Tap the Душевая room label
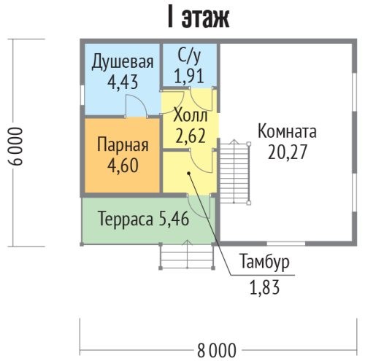pos(123,62)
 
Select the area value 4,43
pos(123,82)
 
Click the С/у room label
pos(189,56)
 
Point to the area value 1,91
pos(189,76)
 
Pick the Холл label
pos(191,116)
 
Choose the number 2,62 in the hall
pos(191,136)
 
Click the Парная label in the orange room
pos(123,145)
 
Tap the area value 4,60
pos(123,166)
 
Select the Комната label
pos(287,131)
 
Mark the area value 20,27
pos(287,152)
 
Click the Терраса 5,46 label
pos(144,219)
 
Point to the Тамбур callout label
pos(265,262)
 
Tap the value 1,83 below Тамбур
pos(265,287)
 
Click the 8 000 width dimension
pos(216,351)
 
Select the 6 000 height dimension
pos(17,147)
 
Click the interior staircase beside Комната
pos(234,172)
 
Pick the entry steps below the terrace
pos(187,255)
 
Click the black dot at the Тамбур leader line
pos(188,173)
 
